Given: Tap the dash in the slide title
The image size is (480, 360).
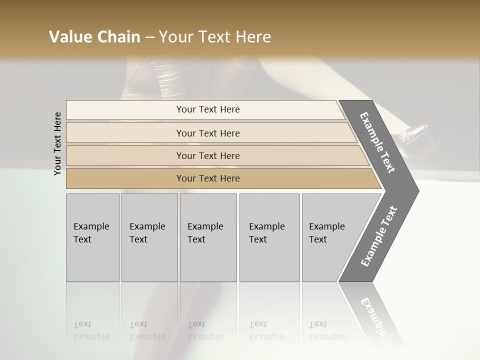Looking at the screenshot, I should pos(149,37).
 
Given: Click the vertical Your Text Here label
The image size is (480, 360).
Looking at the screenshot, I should pos(57,143).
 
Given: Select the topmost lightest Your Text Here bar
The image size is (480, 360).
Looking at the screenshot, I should pos(207,109).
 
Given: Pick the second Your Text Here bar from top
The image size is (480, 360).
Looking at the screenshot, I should pos(207,133).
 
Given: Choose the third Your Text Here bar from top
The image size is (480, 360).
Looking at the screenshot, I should pos(207,155).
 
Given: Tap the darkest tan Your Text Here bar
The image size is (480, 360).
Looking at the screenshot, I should pos(207,178).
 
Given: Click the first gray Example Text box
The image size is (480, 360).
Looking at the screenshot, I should pos(92,237).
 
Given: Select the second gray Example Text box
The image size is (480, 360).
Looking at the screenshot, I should pos(149,237).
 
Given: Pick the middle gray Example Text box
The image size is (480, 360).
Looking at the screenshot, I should pos(208,237).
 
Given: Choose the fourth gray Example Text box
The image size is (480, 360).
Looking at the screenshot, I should pos(269,237).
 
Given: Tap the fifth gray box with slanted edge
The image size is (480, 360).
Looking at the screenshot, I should pos(330,237).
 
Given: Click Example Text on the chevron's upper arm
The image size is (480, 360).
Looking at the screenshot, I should pos(377,142).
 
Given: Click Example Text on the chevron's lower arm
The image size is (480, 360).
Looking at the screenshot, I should pos(378,236).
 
